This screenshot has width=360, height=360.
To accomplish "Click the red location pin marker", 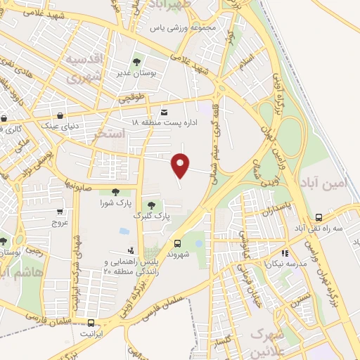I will click(181, 165).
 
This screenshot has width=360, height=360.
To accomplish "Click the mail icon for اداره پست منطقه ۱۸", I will click(164, 112).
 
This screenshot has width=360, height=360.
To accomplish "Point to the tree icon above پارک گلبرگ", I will click(151, 205).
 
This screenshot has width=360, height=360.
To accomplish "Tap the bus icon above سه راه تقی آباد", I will click(319, 219).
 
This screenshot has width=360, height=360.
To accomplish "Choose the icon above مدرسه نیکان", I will click(285, 253).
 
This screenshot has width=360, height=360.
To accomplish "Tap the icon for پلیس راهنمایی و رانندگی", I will click(131, 251).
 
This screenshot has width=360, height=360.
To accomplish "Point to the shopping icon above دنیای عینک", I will click(61, 116).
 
